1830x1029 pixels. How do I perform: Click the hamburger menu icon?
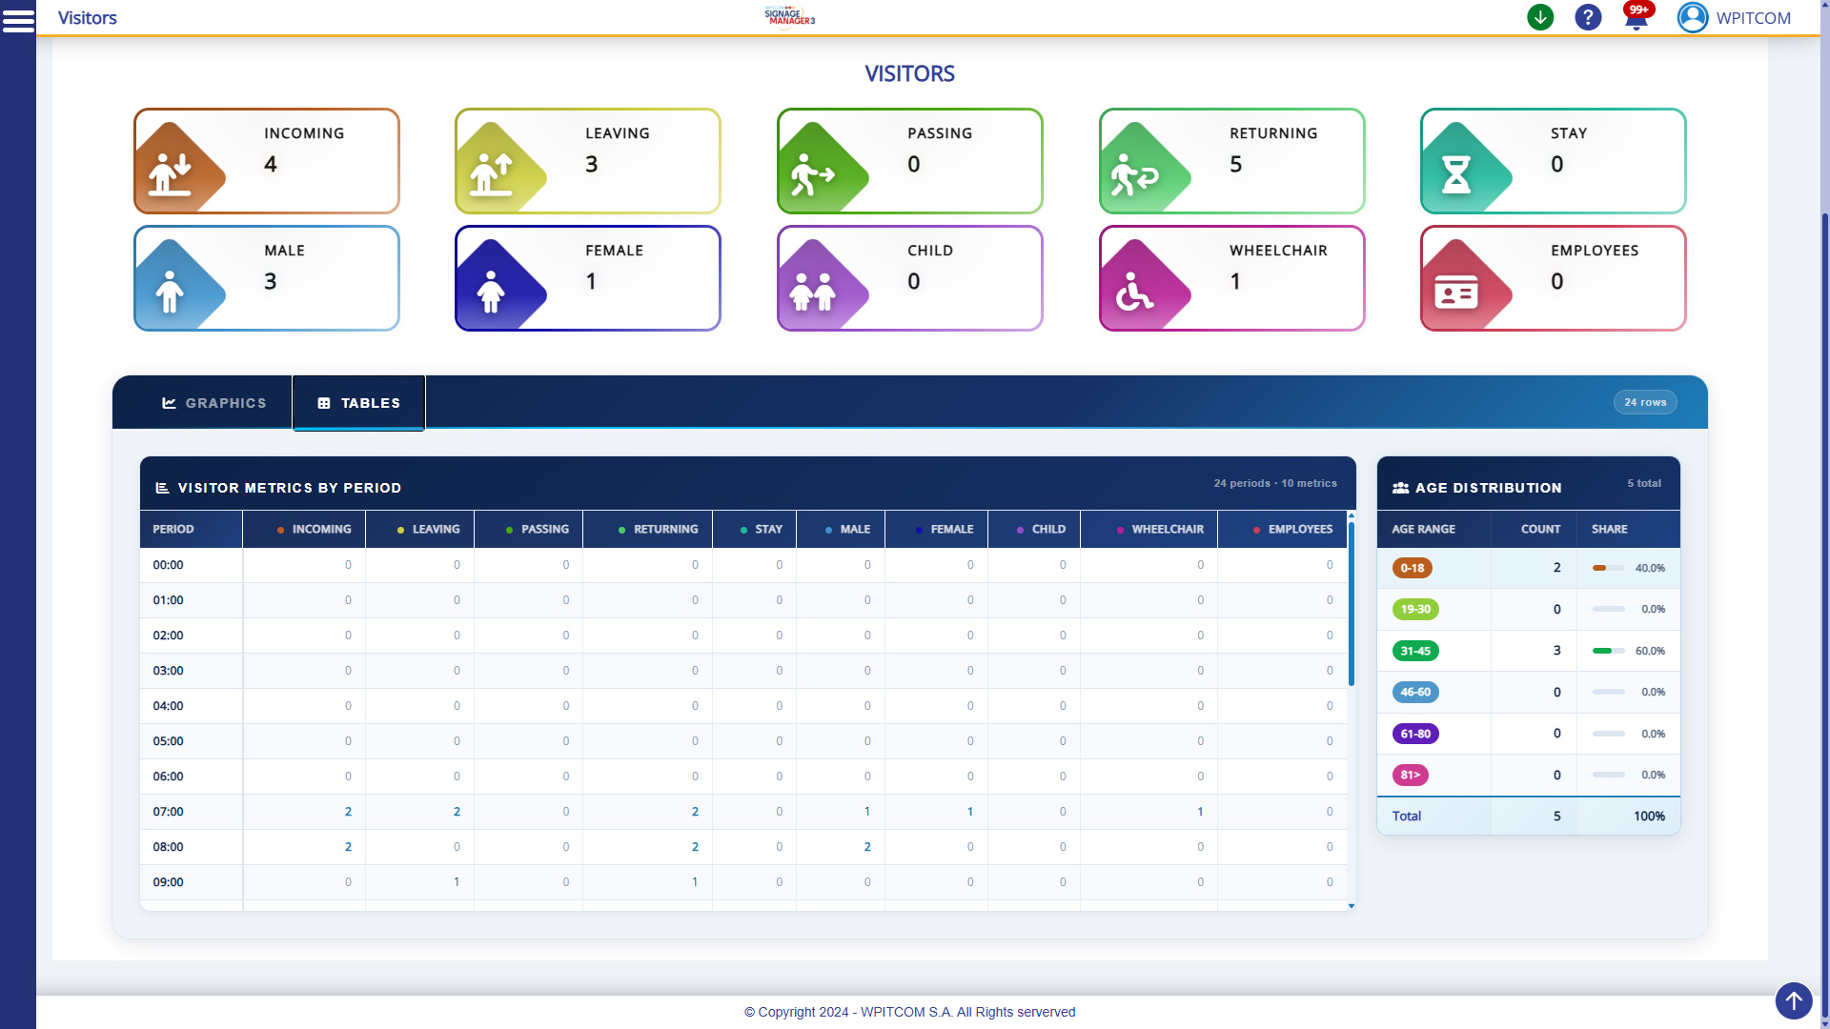[x=18, y=19]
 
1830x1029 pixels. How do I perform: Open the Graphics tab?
[x=214, y=403]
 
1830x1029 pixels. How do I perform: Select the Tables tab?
[x=358, y=403]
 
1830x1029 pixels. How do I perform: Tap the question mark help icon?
[x=1588, y=17]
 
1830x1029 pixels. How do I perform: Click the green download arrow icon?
[x=1540, y=17]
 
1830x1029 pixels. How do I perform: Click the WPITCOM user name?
[x=1753, y=18]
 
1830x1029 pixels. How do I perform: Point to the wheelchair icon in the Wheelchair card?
[x=1134, y=293]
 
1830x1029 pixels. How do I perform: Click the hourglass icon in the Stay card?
[x=1455, y=175]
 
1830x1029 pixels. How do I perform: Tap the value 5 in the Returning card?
[x=1236, y=165]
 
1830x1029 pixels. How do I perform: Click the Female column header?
[x=950, y=529]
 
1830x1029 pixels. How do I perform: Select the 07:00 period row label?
[x=169, y=812]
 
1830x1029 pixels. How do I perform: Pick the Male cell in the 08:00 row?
[x=867, y=847]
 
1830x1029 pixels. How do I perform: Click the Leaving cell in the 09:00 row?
[x=457, y=882]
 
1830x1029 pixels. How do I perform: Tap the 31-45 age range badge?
[x=1415, y=651]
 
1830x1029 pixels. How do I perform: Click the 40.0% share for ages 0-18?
[x=1650, y=568]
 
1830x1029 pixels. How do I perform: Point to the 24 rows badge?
[x=1645, y=402]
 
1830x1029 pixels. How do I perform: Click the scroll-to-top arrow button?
[x=1794, y=1000]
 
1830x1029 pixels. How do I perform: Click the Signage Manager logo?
[x=789, y=16]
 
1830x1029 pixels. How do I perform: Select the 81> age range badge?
[x=1410, y=775]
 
